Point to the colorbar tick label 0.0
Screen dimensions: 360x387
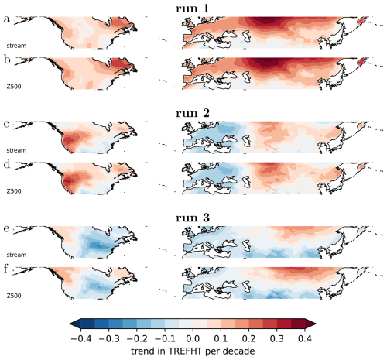[x=193, y=338]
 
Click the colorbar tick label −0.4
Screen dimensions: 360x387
[x=80, y=338]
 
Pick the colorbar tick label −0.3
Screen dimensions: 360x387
[x=108, y=338]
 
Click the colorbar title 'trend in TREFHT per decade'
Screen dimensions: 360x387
[x=193, y=351]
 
